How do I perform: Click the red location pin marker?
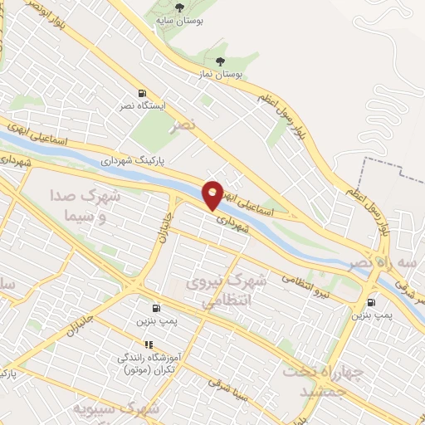[212, 194]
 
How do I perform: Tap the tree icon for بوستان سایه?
[178, 7]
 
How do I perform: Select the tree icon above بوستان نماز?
[219, 61]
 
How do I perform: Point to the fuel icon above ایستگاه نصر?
[142, 93]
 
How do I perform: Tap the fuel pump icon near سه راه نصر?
[370, 302]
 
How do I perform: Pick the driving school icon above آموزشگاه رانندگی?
[149, 344]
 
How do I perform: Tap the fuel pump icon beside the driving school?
[154, 306]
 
